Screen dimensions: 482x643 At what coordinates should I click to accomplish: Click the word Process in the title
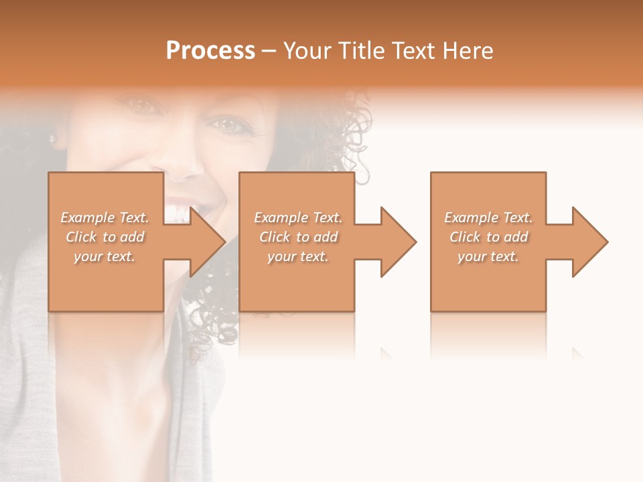tap(210, 51)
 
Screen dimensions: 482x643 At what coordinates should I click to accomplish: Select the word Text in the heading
tap(413, 51)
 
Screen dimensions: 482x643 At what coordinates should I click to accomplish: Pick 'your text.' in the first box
tap(104, 256)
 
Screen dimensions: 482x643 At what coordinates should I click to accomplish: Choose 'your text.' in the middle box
tap(297, 256)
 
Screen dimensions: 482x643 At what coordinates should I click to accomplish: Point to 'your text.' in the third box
tap(488, 256)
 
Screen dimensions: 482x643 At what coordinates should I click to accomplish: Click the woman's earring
tap(52, 139)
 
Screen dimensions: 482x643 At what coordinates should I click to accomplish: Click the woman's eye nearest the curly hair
tap(228, 125)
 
